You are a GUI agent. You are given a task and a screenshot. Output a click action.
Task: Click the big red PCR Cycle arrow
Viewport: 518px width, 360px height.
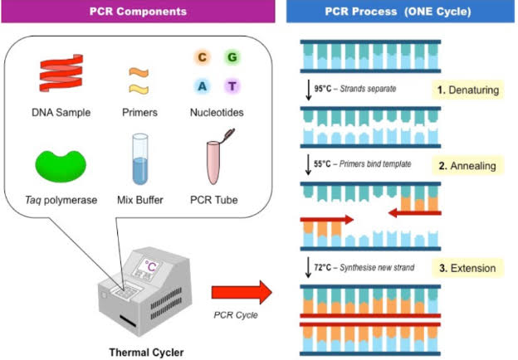point(241,292)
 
